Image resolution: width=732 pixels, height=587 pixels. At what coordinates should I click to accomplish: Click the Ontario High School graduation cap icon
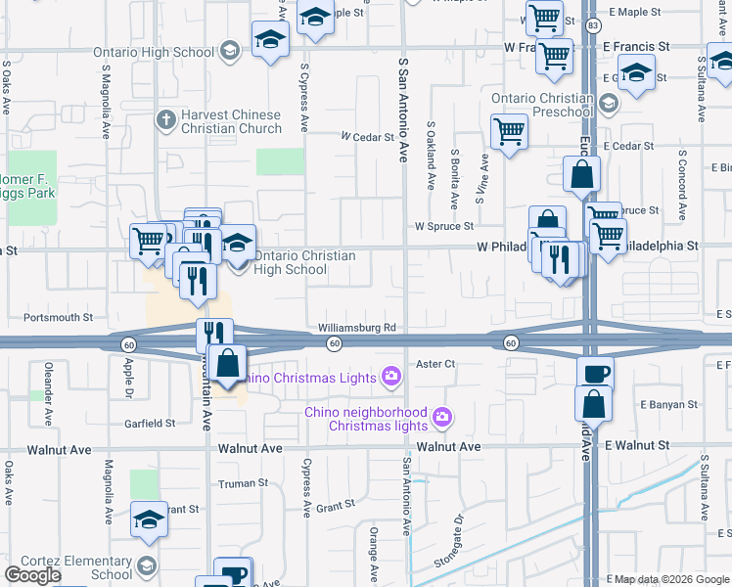pyautogui.click(x=230, y=51)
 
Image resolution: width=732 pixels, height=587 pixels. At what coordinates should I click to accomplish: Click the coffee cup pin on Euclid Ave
pyautogui.click(x=594, y=373)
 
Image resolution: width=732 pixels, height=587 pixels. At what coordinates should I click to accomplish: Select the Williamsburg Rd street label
pyautogui.click(x=356, y=328)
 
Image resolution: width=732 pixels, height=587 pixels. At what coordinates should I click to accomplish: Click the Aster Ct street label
pyautogui.click(x=436, y=363)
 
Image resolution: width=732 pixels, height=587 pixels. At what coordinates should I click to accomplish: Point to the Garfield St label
pyautogui.click(x=150, y=424)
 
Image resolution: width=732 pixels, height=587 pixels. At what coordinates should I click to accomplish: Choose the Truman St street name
pyautogui.click(x=243, y=483)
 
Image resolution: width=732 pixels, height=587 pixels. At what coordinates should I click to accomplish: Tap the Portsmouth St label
pyautogui.click(x=61, y=318)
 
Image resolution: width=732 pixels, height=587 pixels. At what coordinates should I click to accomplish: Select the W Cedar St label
pyautogui.click(x=366, y=138)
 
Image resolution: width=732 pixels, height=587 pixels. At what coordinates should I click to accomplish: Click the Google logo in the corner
pyautogui.click(x=32, y=575)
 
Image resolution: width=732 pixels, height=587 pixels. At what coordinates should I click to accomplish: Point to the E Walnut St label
pyautogui.click(x=636, y=445)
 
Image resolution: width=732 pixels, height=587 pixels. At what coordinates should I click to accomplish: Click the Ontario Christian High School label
pyautogui.click(x=304, y=262)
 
